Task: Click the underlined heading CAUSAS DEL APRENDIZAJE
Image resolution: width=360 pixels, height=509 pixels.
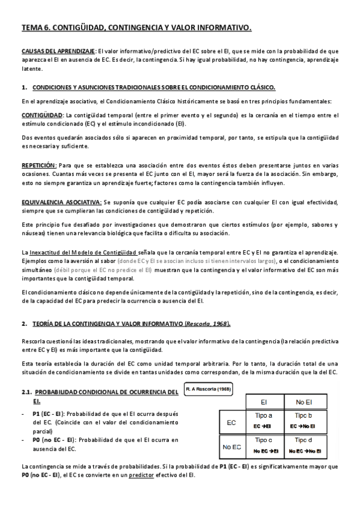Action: pyautogui.click(x=58, y=52)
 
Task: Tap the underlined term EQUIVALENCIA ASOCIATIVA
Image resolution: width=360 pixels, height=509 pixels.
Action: pyautogui.click(x=61, y=202)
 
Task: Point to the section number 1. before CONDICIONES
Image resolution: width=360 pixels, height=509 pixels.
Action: pyautogui.click(x=24, y=87)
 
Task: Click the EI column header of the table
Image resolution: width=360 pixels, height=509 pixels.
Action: pyautogui.click(x=263, y=401)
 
